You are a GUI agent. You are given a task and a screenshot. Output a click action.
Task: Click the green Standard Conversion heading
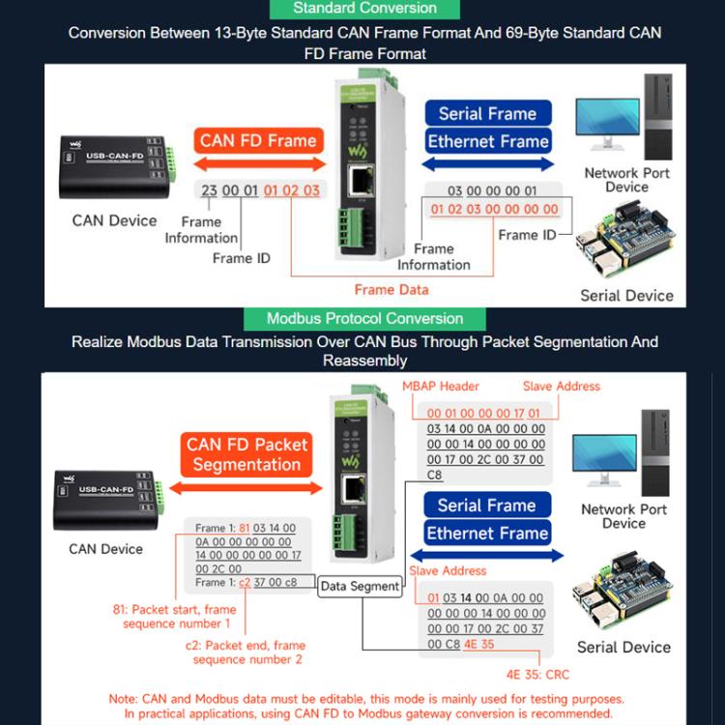(363, 9)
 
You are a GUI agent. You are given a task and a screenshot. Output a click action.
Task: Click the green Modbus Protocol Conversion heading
(364, 318)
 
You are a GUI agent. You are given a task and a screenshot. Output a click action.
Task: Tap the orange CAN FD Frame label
(258, 140)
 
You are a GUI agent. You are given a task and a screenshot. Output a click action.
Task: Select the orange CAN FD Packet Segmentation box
(246, 454)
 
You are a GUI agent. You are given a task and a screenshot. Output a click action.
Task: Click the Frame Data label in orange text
(391, 289)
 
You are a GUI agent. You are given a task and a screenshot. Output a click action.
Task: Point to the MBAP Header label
(440, 386)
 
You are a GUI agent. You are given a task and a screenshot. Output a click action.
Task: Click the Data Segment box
(360, 586)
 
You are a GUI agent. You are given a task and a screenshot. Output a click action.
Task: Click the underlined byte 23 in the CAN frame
(209, 190)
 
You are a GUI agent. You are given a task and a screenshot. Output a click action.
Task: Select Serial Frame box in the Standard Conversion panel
(487, 113)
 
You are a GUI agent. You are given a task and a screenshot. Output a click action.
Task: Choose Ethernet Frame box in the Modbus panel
(487, 533)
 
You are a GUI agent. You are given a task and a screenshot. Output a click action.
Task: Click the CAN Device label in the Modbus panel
(105, 549)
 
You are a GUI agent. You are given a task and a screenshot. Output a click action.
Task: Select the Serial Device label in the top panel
(626, 295)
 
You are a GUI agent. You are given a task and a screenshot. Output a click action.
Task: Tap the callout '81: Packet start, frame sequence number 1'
(176, 617)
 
